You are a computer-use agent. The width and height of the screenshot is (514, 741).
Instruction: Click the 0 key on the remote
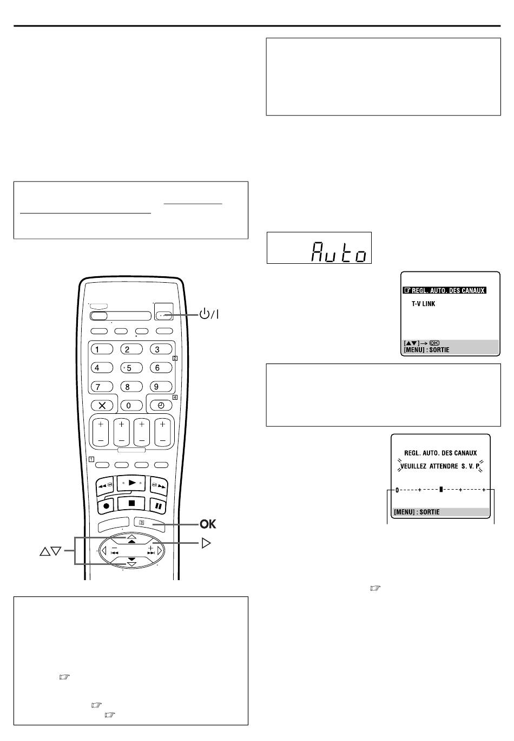point(129,405)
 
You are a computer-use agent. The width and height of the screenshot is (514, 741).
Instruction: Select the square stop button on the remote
point(131,503)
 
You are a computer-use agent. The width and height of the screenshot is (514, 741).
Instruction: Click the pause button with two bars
point(159,505)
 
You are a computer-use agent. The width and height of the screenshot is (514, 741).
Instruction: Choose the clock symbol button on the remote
point(161,405)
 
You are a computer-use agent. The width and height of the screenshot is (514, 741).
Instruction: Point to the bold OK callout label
point(208,524)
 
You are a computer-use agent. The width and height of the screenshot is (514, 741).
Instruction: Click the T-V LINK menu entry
point(423,304)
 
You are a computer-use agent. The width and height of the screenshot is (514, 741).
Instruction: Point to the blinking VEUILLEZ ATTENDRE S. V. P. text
point(440,466)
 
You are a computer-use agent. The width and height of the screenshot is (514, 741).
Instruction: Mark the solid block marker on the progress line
point(441,489)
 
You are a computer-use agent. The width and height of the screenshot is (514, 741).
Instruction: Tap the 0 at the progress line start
point(397,490)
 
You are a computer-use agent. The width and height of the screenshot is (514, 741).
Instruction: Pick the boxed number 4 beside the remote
point(175,398)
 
